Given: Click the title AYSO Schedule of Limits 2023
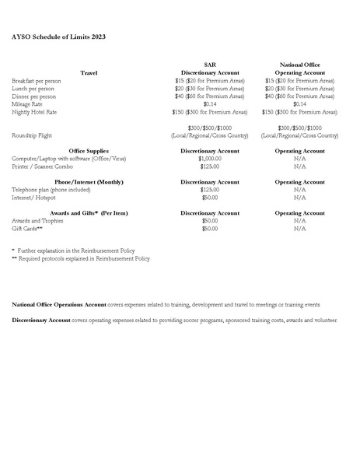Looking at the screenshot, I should [x=58, y=37].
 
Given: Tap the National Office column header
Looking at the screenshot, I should [x=299, y=65].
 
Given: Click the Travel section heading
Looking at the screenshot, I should [x=89, y=72].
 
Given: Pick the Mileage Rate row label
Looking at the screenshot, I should [x=26, y=103].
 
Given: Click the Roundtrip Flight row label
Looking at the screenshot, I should [x=31, y=135].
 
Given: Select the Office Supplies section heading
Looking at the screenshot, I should [x=89, y=150].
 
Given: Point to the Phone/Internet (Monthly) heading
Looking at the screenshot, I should [x=89, y=181].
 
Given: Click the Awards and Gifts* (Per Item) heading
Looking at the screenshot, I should [x=89, y=212].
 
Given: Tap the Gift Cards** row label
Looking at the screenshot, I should [x=27, y=228].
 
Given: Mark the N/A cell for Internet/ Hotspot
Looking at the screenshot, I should [x=299, y=197].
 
